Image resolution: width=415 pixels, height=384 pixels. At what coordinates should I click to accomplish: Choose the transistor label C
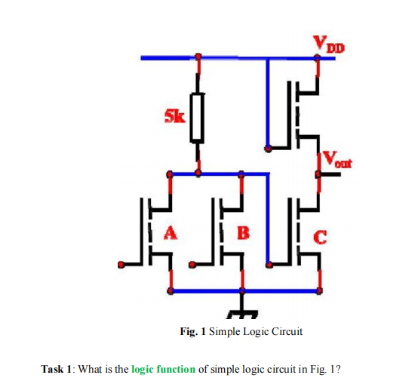coord(319,240)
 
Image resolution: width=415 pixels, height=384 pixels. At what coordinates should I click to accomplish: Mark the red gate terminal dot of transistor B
coord(192,264)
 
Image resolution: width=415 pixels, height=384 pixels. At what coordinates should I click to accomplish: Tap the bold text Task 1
coord(57,369)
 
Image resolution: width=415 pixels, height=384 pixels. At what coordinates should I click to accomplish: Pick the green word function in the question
coord(177,369)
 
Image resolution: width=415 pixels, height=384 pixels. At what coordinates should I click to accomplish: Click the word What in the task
coord(90,369)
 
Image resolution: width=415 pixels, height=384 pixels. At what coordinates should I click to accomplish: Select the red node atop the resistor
coord(198,57)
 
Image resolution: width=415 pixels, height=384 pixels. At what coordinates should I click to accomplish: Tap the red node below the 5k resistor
coord(198,173)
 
